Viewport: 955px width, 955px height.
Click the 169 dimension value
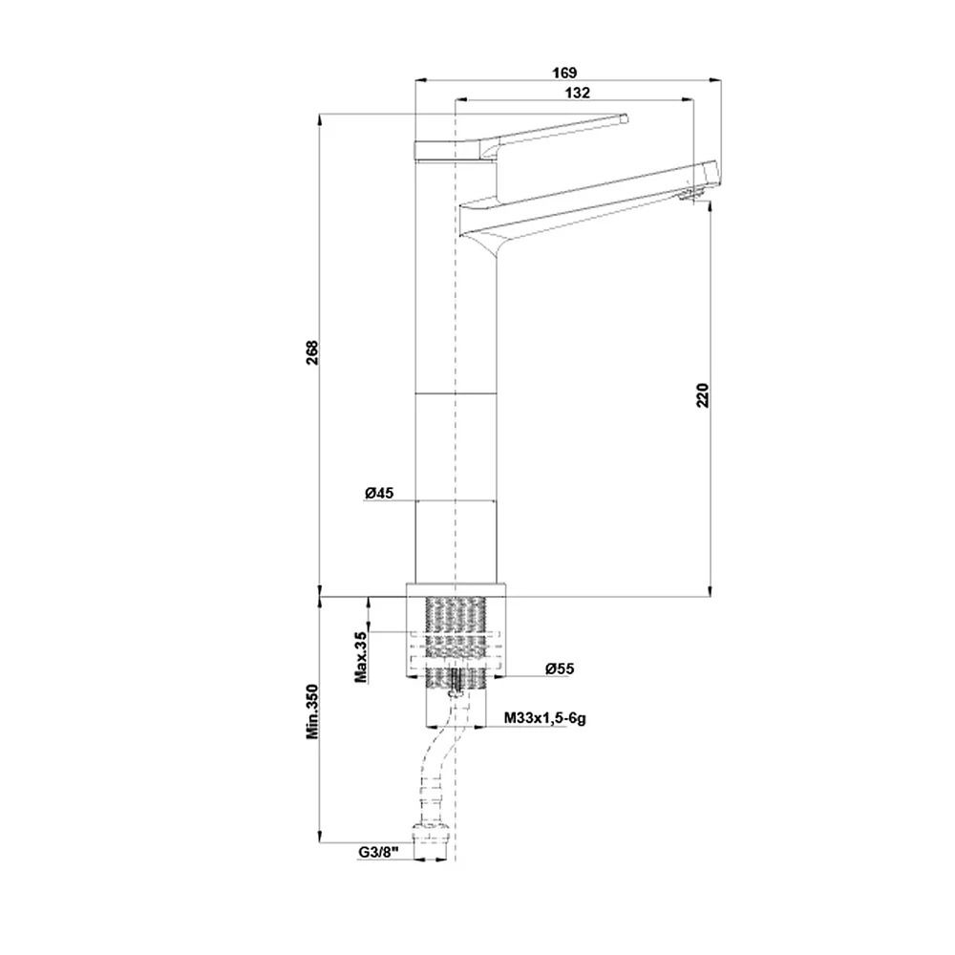564,74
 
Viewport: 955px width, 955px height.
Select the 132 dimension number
578,93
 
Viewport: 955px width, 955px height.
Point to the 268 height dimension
312,352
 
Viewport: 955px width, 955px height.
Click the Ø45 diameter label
379,493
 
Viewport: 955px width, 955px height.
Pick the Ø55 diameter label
560,668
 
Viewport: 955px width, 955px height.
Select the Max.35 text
361,657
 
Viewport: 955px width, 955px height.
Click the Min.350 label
312,711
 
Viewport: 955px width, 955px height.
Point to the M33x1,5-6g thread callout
545,718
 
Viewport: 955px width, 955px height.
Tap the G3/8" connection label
377,852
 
